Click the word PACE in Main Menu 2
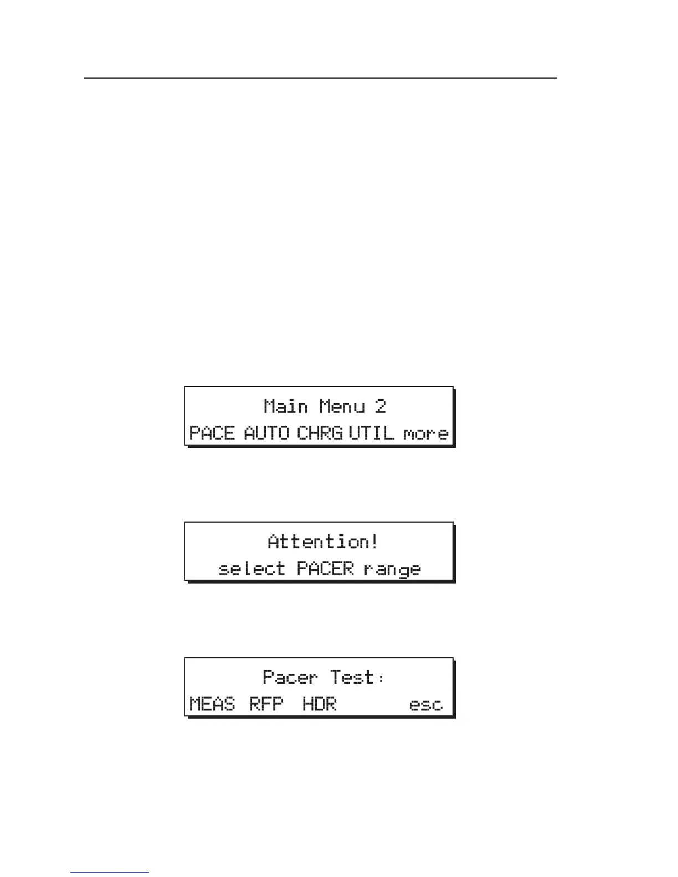click(212, 432)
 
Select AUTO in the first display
click(266, 432)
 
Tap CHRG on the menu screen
click(320, 432)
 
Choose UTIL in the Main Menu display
click(372, 432)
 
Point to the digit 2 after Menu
click(380, 406)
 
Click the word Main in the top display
click(286, 406)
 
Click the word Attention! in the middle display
click(323, 541)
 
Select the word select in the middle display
click(252, 569)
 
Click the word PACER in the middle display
click(325, 568)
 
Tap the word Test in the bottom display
click(352, 677)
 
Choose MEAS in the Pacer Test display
click(212, 704)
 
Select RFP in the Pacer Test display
click(266, 704)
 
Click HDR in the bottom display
click(320, 704)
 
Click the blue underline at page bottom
click(110, 873)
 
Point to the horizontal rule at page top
click(320, 78)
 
